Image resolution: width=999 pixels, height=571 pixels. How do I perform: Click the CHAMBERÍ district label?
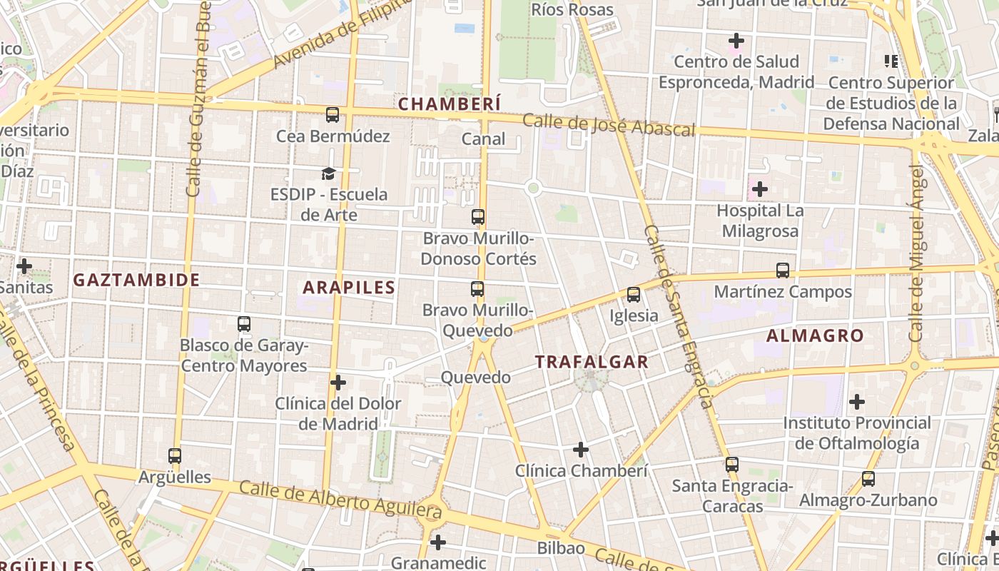coord(450,103)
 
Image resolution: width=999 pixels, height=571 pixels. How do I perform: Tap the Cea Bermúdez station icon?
coord(333,115)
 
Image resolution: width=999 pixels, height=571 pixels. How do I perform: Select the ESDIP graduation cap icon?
coord(328,173)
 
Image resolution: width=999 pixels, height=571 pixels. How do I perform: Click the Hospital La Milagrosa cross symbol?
coord(760,190)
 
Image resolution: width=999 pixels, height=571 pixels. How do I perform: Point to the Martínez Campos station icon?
coord(783,271)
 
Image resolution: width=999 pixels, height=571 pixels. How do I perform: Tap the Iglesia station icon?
coord(633,294)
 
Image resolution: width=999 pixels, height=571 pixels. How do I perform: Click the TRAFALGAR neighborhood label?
coord(592,362)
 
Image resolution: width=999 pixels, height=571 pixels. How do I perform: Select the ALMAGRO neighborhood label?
coord(815,335)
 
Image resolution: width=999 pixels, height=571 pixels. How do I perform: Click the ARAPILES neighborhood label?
coord(349,288)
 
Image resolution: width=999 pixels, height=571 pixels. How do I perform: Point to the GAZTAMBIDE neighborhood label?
coord(136,280)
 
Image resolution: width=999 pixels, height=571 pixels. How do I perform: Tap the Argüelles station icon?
coord(175,455)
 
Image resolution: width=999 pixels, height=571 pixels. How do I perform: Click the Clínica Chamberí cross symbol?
coord(581,450)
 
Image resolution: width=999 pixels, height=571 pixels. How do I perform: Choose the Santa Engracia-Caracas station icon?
coord(732,465)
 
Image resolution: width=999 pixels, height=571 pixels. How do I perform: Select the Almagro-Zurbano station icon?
coord(868,479)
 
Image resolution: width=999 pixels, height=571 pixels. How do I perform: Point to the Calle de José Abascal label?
coord(609,125)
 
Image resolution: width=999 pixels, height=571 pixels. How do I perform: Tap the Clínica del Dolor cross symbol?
coord(338,383)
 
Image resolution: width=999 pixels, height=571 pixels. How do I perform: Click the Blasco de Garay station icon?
coord(244,324)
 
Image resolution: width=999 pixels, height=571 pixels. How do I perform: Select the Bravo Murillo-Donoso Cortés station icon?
coord(478,217)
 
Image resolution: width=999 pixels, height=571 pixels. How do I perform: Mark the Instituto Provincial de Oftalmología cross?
coord(857,402)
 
